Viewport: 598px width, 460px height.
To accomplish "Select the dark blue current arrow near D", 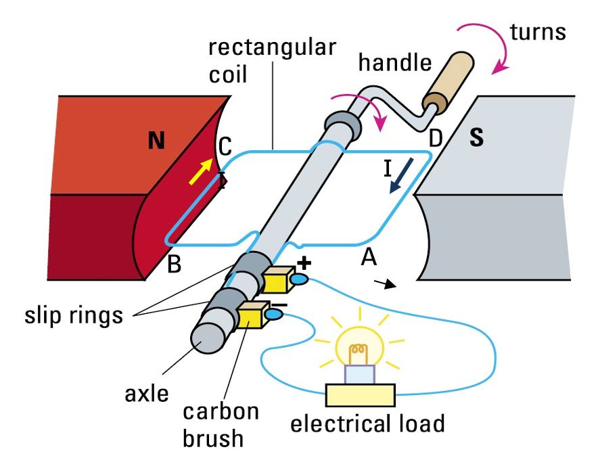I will [403, 175].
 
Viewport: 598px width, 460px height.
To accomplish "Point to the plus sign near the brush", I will [302, 263].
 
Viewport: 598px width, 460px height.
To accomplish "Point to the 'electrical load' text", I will [367, 424].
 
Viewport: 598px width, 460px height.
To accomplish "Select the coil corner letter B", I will [174, 264].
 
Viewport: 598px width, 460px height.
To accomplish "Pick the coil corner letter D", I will [436, 138].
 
